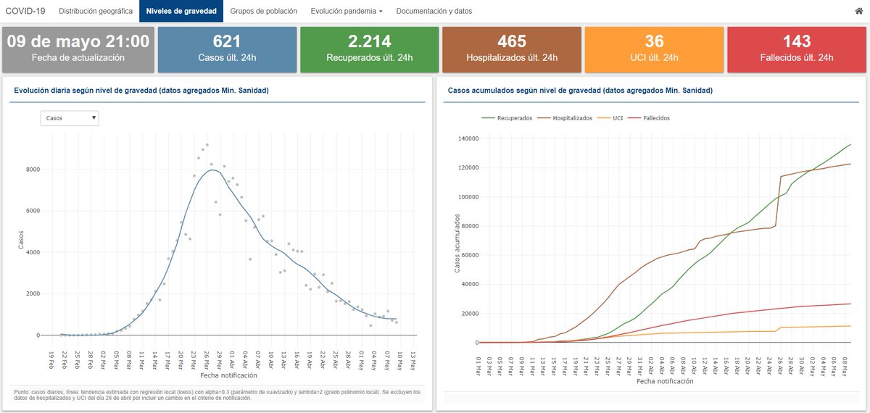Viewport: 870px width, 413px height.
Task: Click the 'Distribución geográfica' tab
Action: click(96, 11)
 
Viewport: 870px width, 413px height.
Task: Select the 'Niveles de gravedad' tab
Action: click(181, 11)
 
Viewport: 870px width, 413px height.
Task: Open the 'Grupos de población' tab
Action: click(263, 11)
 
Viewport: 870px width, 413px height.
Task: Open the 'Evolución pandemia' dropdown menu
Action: click(347, 11)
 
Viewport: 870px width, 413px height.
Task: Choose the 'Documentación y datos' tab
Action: click(434, 11)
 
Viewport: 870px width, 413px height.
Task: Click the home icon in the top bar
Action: click(858, 11)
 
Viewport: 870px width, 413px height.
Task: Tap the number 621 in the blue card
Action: click(227, 41)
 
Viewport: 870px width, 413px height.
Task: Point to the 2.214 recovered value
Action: click(369, 41)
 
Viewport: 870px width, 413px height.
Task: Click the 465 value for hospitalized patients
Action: click(512, 41)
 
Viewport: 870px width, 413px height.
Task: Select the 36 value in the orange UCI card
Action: click(654, 41)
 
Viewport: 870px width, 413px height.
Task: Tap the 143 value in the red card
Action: click(797, 41)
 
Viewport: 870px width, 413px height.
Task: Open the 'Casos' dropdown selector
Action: click(70, 118)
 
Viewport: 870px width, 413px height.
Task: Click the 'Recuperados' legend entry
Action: click(507, 118)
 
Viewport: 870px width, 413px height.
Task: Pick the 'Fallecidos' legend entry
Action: click(649, 118)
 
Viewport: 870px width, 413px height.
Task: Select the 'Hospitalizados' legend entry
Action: click(565, 118)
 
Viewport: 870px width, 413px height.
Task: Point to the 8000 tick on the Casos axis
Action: click(33, 170)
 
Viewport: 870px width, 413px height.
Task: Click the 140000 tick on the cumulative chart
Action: click(468, 138)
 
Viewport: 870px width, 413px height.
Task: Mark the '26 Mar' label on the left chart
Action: click(206, 361)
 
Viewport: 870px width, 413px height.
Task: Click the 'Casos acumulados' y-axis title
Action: click(457, 243)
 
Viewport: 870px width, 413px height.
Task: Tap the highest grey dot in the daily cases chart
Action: click(207, 145)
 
